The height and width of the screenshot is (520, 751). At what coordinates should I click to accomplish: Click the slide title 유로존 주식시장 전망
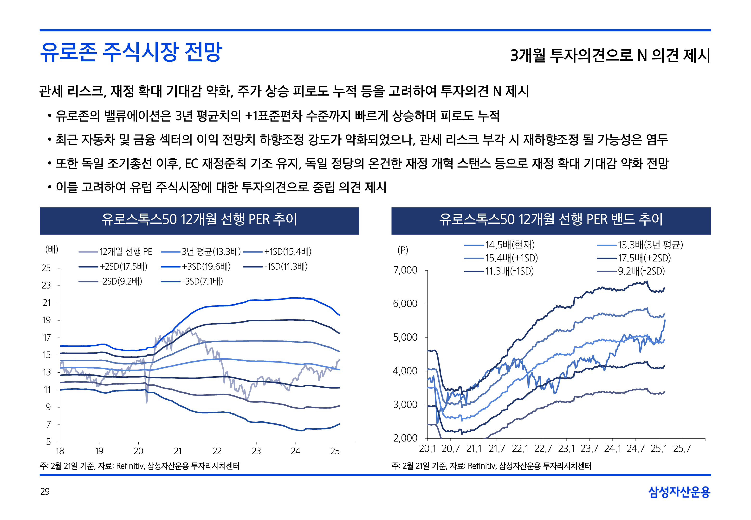131,52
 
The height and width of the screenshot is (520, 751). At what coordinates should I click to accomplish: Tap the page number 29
45,491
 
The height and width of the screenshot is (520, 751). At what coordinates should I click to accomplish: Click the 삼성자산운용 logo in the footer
679,492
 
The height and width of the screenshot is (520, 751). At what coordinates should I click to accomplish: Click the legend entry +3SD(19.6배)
206,267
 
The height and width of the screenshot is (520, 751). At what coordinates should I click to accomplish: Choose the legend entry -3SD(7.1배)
202,281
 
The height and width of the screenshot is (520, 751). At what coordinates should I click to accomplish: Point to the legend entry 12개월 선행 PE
126,252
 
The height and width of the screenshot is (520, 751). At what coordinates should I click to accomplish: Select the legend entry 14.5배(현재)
510,245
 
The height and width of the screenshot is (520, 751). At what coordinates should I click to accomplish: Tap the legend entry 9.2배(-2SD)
641,271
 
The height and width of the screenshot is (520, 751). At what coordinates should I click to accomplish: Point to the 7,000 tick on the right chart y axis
405,270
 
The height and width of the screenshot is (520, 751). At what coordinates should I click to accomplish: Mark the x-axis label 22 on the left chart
217,451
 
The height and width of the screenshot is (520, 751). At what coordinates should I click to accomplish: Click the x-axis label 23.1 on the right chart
566,449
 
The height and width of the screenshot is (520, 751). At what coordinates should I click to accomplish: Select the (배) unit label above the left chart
52,250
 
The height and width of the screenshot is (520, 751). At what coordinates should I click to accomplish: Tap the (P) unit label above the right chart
402,250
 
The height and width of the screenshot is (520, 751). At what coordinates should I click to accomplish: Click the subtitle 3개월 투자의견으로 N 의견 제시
610,55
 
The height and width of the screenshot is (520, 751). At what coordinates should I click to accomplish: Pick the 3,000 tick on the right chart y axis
405,405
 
